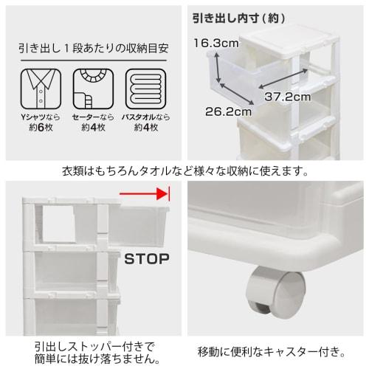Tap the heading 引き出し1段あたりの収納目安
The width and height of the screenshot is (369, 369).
pos(94,49)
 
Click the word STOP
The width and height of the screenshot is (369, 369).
pos(146,259)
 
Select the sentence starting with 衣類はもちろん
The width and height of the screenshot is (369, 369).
pos(184,171)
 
